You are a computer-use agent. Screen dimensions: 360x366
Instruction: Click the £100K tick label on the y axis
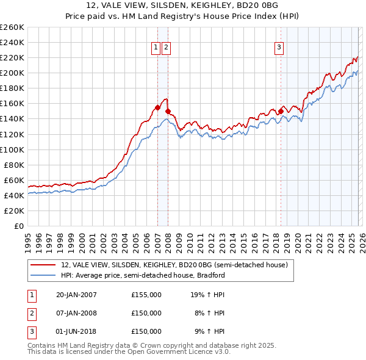[x=12, y=149]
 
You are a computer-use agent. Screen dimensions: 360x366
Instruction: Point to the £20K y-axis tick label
[x=13, y=211]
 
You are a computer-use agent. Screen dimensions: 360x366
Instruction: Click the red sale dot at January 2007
[x=157, y=107]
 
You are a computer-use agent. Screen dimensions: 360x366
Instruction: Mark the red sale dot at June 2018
[x=281, y=111]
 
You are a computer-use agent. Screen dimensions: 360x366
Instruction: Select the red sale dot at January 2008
[x=168, y=111]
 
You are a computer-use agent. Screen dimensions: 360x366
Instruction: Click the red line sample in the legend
[x=43, y=265]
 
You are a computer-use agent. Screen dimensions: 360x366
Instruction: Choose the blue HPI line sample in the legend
[x=43, y=275]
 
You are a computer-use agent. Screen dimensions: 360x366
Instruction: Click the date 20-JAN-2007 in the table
[x=76, y=295]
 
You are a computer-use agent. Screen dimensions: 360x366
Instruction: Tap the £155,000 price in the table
[x=146, y=295]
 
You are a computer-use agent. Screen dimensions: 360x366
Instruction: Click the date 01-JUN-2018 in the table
[x=76, y=331]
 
